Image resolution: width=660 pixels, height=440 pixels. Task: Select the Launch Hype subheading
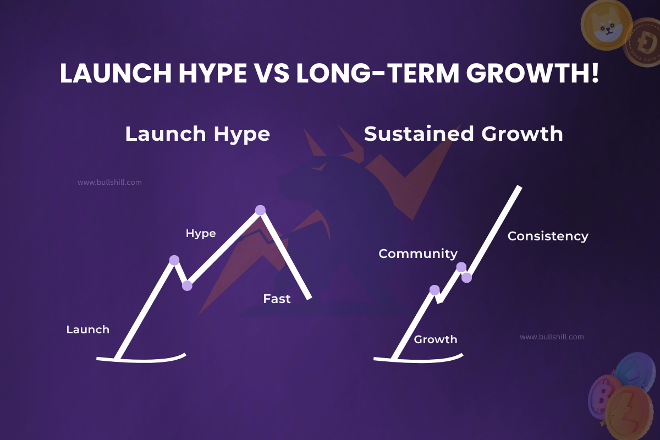[197, 134]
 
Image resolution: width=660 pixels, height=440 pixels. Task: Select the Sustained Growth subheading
[463, 134]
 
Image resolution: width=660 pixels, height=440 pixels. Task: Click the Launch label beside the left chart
[87, 329]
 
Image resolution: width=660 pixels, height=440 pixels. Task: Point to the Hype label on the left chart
[201, 233]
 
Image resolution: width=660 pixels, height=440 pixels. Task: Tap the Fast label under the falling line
[277, 299]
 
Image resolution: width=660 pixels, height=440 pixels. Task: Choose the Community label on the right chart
[418, 254]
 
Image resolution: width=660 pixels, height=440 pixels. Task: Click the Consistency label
[547, 236]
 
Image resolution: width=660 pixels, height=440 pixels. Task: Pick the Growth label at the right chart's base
[435, 339]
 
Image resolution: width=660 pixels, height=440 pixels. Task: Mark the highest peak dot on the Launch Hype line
[260, 210]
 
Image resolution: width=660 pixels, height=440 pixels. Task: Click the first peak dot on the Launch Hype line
[174, 260]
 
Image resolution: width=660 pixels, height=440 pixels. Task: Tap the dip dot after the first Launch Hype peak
[187, 285]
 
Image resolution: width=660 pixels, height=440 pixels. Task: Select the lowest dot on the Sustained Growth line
[434, 290]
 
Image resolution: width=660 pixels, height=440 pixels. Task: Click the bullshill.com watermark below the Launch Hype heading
[109, 182]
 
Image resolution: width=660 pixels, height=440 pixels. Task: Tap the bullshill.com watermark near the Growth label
[552, 337]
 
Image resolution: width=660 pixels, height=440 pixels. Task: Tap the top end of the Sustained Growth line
[519, 189]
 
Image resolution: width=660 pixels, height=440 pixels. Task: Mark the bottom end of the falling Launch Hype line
[309, 298]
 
